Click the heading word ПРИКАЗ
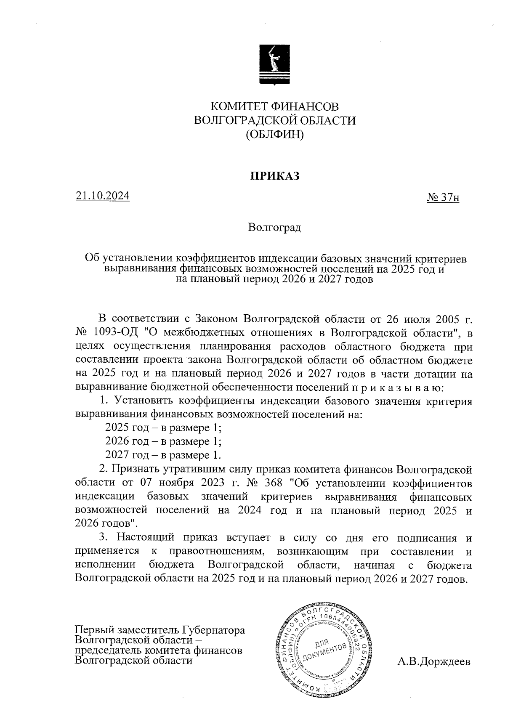[275, 176]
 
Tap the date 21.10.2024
[103, 196]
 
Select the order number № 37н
[443, 197]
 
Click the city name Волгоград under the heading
[274, 228]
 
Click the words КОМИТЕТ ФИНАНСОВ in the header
[274, 106]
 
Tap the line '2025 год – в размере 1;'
[163, 428]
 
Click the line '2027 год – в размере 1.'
[163, 455]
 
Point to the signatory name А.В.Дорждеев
[434, 662]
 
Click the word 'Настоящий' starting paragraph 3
[146, 538]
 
